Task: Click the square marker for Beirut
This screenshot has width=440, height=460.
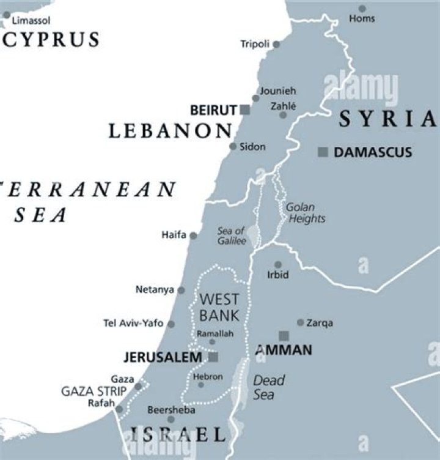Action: (244, 110)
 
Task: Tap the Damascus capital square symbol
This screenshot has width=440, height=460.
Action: (323, 152)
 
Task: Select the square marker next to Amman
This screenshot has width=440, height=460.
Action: (284, 335)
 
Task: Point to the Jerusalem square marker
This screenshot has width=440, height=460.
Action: (213, 357)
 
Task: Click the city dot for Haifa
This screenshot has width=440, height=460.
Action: (193, 235)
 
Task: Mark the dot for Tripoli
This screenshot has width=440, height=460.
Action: (276, 44)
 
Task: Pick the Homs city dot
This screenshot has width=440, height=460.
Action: (362, 9)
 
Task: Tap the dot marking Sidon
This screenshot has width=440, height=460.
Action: (233, 146)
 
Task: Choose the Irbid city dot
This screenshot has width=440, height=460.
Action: (277, 265)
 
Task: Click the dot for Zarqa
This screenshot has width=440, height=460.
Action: (300, 322)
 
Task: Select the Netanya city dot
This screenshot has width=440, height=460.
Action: (181, 289)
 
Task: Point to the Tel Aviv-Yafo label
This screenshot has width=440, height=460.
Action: (133, 324)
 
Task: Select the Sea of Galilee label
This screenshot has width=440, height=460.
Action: (232, 236)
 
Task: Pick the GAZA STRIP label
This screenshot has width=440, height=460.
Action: (94, 391)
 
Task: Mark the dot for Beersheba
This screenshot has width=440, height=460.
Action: (171, 419)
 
